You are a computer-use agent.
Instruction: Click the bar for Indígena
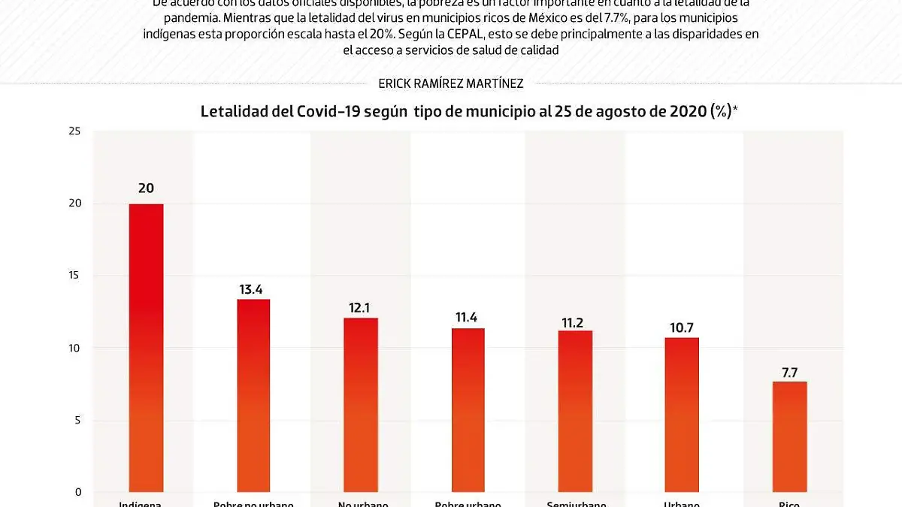pos(146,347)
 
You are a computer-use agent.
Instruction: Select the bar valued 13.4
pos(253,395)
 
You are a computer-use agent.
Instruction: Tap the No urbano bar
pos(361,404)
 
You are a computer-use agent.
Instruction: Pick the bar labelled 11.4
pos(468,409)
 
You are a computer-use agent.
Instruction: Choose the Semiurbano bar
pos(575,411)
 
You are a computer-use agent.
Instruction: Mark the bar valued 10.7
pos(682,415)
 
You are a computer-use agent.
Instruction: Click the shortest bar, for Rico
pos(789,436)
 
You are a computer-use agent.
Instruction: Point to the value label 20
pos(146,189)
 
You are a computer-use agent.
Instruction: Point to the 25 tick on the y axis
pos(74,131)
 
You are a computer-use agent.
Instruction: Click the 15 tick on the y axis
pos(74,276)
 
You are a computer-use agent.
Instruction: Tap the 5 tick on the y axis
pos(76,420)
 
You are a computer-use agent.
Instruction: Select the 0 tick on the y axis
pos(76,492)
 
